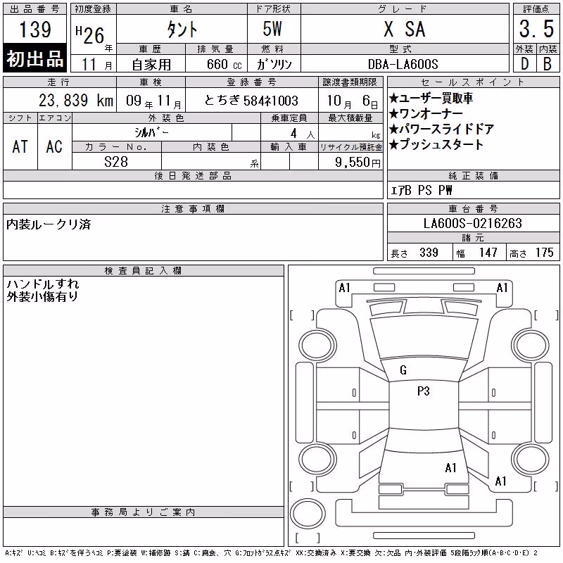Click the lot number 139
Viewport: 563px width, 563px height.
(34, 29)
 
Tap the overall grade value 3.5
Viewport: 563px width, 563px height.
(536, 29)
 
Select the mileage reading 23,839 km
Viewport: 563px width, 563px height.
(76, 101)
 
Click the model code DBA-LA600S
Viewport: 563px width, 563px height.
(403, 64)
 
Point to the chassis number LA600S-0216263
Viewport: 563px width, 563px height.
(472, 223)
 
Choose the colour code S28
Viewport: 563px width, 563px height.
(116, 162)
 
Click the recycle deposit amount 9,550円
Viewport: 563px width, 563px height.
(358, 162)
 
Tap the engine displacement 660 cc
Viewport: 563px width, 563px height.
(224, 64)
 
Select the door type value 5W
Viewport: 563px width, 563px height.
(272, 29)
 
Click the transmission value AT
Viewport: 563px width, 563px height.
(20, 146)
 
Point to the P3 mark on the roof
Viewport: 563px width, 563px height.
(424, 391)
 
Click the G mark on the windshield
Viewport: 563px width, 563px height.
(403, 370)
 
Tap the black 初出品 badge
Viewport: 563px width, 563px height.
(34, 58)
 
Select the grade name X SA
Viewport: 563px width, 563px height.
(404, 29)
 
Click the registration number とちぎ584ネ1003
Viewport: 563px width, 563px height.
(251, 101)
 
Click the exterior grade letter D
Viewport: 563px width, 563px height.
(524, 64)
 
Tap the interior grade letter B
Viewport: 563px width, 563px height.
(548, 64)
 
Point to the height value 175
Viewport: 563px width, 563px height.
(544, 253)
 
